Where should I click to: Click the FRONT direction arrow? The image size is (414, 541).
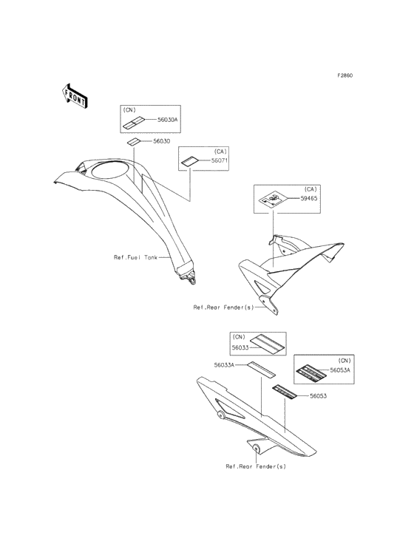click(75, 97)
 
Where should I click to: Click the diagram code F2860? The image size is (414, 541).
click(345, 75)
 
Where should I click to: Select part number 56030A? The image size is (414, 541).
click(167, 120)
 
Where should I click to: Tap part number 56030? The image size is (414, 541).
click(161, 141)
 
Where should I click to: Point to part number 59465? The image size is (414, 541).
click(309, 198)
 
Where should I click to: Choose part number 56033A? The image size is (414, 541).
click(224, 364)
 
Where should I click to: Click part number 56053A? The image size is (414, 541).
click(340, 370)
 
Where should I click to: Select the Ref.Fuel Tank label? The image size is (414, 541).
click(135, 257)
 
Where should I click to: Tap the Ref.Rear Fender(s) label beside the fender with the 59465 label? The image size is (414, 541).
click(223, 307)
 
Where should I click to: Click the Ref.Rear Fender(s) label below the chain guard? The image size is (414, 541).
click(256, 466)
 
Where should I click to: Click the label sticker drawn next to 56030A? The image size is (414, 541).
click(133, 123)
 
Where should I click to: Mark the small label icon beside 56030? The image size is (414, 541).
click(132, 142)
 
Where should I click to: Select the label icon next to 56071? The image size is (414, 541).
click(190, 161)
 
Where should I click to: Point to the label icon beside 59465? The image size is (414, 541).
click(273, 200)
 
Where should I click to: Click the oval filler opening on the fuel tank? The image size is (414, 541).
click(110, 171)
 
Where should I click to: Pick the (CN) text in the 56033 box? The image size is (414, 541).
click(238, 337)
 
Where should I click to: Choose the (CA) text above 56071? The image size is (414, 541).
click(220, 152)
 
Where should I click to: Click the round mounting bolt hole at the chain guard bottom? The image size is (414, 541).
click(256, 449)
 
